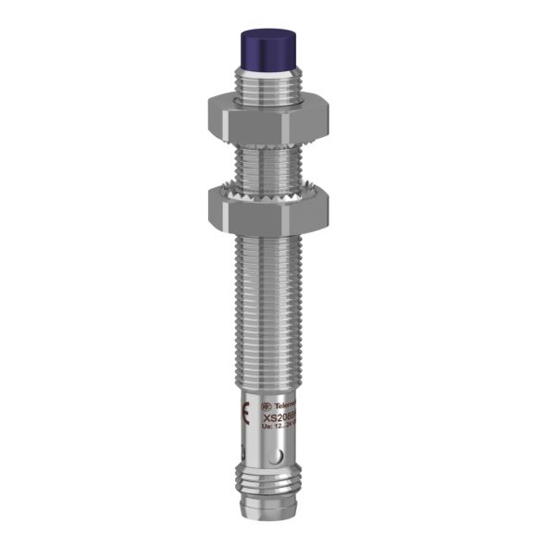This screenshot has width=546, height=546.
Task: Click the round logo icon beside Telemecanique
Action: pyautogui.click(x=267, y=407)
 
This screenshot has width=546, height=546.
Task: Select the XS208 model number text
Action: pyautogui.click(x=281, y=418)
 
